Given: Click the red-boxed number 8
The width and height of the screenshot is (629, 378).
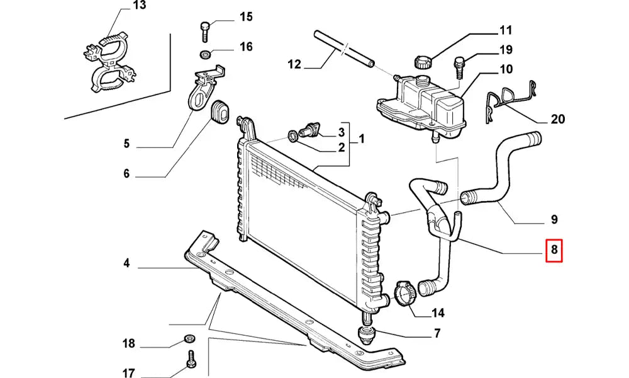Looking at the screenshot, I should pyautogui.click(x=554, y=251).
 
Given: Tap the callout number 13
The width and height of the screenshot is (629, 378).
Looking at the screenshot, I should pyautogui.click(x=139, y=6).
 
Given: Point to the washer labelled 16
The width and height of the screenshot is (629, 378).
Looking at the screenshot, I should pyautogui.click(x=206, y=52).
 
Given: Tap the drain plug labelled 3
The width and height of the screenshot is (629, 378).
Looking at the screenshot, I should pyautogui.click(x=309, y=130).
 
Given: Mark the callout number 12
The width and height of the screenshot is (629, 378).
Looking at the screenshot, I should pyautogui.click(x=294, y=64).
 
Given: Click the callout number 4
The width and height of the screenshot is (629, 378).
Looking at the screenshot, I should pyautogui.click(x=126, y=263).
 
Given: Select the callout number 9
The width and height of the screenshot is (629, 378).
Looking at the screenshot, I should pyautogui.click(x=554, y=220).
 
